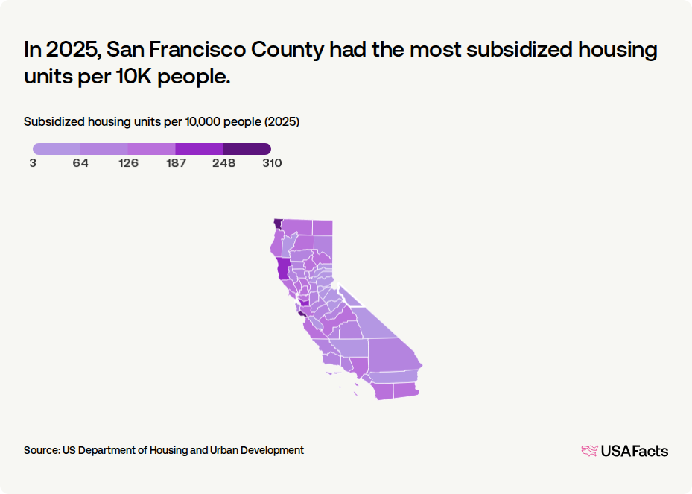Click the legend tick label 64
click(x=80, y=163)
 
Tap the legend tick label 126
click(x=128, y=163)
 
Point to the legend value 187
click(x=176, y=163)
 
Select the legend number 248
click(x=223, y=163)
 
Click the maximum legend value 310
click(x=272, y=163)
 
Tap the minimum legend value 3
click(x=33, y=163)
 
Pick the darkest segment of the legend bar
click(x=247, y=149)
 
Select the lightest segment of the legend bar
click(x=57, y=149)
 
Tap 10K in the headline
click(x=134, y=77)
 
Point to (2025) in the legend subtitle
click(x=282, y=122)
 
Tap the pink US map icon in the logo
click(x=590, y=451)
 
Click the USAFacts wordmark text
click(x=635, y=451)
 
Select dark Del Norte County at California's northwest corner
click(x=278, y=224)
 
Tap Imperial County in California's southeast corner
click(x=405, y=390)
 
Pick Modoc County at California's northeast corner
click(x=323, y=228)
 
